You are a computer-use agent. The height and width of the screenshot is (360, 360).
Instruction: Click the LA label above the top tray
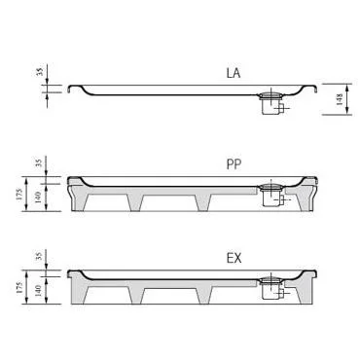click(x=234, y=73)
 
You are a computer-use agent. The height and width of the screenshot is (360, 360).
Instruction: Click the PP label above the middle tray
click(x=234, y=164)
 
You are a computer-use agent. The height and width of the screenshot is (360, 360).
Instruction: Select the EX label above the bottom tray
click(x=234, y=259)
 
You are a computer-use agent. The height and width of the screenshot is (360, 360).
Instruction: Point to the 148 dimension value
click(x=340, y=99)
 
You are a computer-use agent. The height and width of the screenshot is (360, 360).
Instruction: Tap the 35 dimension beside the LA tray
click(x=39, y=72)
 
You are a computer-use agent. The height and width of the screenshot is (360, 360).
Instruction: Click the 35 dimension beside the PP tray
click(x=39, y=162)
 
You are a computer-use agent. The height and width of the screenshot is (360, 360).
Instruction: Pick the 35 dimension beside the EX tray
click(x=39, y=256)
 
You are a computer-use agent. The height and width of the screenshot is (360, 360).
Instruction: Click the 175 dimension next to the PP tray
click(x=19, y=194)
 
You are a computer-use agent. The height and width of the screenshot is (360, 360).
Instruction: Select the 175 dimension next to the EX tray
click(x=19, y=287)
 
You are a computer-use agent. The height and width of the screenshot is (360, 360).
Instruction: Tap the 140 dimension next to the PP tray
click(x=38, y=198)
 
